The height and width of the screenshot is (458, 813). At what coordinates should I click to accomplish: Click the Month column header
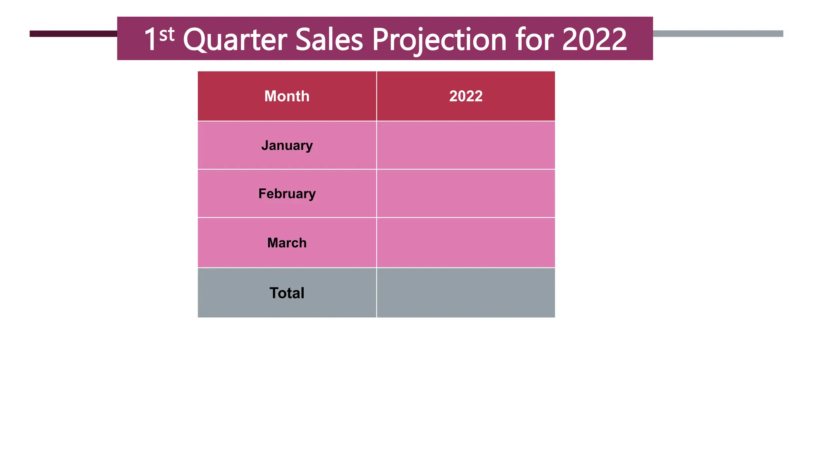tap(287, 96)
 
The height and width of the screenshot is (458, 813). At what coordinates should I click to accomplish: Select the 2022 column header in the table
tap(466, 96)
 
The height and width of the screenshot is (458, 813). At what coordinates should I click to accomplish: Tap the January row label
tap(287, 146)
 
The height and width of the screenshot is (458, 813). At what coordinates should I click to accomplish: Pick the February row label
tap(287, 194)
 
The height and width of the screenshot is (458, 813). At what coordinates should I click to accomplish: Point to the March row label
tap(287, 243)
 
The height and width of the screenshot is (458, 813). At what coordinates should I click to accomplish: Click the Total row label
tap(287, 293)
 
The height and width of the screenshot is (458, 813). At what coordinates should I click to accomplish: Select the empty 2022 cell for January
tap(466, 146)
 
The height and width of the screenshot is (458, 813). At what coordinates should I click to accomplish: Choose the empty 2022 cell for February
tap(466, 194)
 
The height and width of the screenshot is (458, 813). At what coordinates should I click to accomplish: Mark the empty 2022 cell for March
tap(466, 243)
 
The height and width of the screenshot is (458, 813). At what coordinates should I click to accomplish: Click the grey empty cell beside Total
tap(466, 293)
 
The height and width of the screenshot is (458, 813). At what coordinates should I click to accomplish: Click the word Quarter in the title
tap(235, 40)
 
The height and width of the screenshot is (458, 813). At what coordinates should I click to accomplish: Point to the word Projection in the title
tap(439, 40)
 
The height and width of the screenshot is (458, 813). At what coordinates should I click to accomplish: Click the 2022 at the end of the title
tap(594, 40)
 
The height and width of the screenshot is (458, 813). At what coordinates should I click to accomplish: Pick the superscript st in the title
tap(167, 35)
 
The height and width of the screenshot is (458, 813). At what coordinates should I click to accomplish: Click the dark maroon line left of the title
tap(73, 34)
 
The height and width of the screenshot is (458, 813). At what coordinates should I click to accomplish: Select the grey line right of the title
tap(718, 34)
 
